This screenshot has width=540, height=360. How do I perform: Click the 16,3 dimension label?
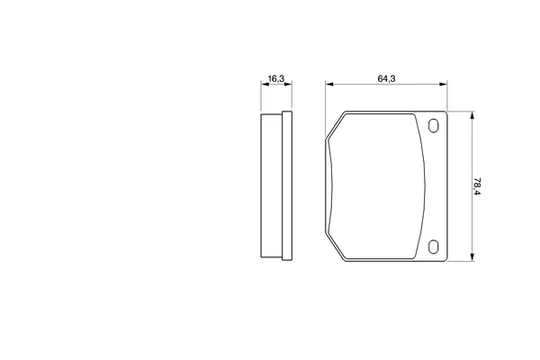[276, 78]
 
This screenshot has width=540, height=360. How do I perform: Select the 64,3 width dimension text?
[386, 78]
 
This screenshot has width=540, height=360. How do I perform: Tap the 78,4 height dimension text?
[477, 186]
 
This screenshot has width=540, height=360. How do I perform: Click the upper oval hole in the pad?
[434, 126]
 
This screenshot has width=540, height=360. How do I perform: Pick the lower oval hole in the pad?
[434, 247]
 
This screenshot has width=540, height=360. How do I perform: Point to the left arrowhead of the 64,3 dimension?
[329, 84]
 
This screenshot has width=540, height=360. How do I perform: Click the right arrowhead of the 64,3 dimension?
[443, 84]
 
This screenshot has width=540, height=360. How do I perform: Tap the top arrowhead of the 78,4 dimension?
[472, 115]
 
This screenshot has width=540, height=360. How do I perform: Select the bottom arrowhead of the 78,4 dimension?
[472, 257]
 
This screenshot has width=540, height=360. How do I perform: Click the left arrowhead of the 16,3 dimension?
[265, 84]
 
